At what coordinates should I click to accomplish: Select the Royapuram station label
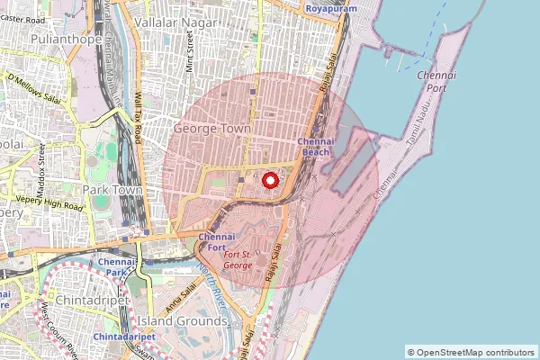pyautogui.click(x=325, y=8)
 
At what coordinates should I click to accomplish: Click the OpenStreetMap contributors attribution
pyautogui.click(x=471, y=352)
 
